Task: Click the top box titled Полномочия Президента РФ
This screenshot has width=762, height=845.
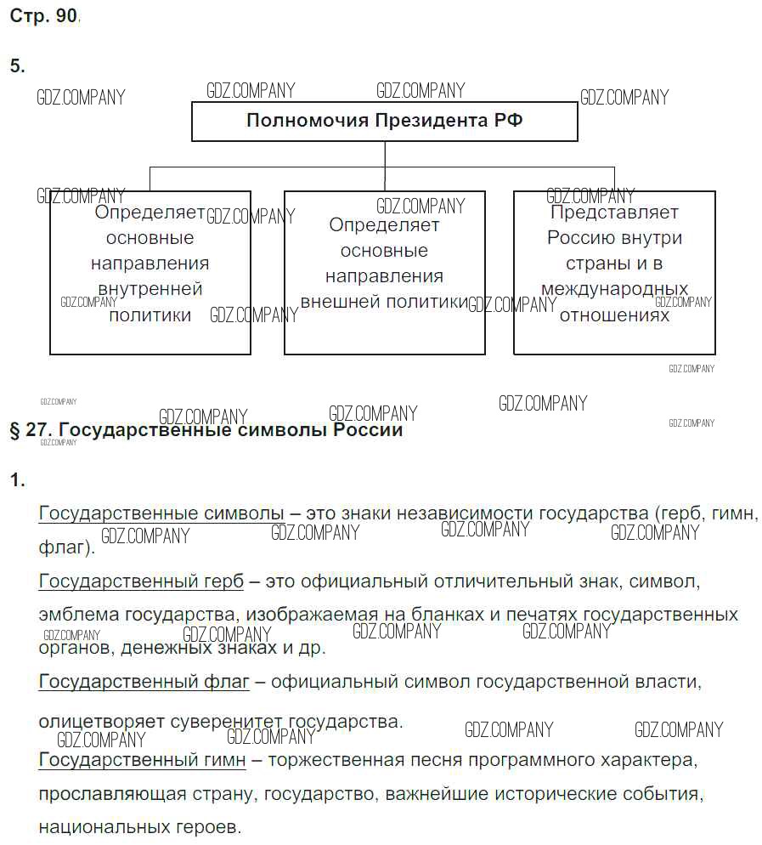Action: [x=384, y=121]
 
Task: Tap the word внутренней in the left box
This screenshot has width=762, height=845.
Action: [x=150, y=289]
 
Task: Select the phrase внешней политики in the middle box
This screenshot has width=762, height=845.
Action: [x=384, y=302]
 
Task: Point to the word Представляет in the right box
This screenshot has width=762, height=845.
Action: [x=614, y=213]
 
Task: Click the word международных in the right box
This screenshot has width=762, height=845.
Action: [x=614, y=289]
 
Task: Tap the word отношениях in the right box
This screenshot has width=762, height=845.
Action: [x=614, y=315]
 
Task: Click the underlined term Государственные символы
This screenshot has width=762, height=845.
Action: [x=161, y=513]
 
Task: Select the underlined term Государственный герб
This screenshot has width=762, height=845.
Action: [x=141, y=581]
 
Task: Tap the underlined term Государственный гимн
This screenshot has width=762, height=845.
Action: [x=142, y=759]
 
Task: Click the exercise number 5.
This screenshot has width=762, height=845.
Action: [x=17, y=65]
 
